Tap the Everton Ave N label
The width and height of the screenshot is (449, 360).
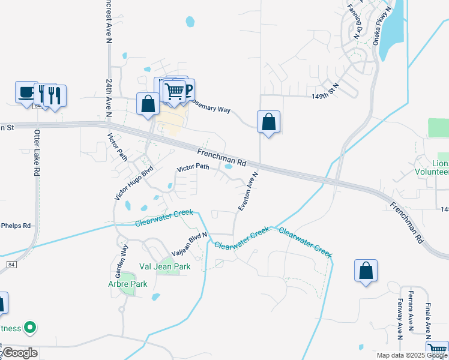pyautogui.click(x=247, y=191)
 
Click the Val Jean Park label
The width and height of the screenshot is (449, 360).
pyautogui.click(x=164, y=266)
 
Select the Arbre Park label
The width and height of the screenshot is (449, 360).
pyautogui.click(x=127, y=284)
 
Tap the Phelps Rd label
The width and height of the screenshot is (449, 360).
pyautogui.click(x=16, y=226)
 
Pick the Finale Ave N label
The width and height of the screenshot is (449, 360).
pyautogui.click(x=429, y=319)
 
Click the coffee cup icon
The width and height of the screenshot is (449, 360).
pyautogui.click(x=26, y=92)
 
